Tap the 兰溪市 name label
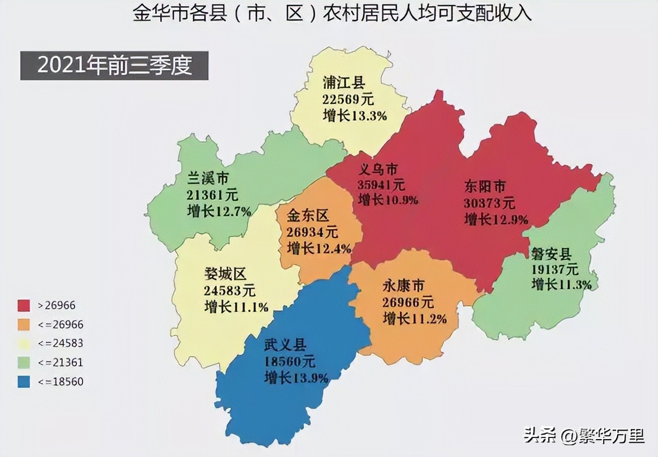(208, 178)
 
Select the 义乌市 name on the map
(378, 170)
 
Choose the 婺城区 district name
(225, 274)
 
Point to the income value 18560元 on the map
(290, 361)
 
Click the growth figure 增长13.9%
(296, 378)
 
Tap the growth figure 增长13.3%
(355, 116)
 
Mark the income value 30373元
(489, 203)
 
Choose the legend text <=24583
(60, 343)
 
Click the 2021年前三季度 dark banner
(114, 66)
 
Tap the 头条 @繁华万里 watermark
(584, 436)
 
